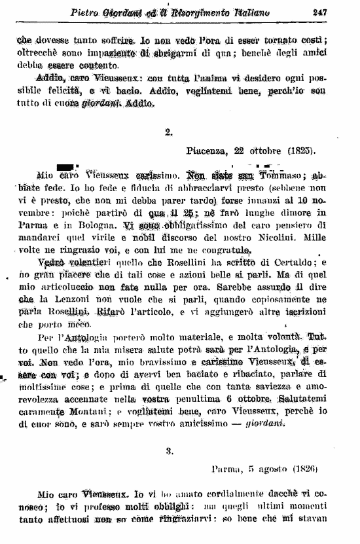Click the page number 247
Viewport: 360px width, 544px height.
tap(320, 11)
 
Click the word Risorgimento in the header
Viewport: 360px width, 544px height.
tap(218, 12)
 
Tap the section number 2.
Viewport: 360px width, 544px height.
tap(168, 132)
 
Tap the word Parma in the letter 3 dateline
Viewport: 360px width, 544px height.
tap(226, 469)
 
